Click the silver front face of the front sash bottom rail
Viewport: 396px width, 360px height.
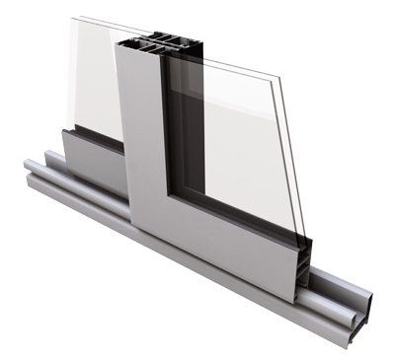(237, 237)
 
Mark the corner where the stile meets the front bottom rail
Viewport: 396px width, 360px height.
(168, 197)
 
